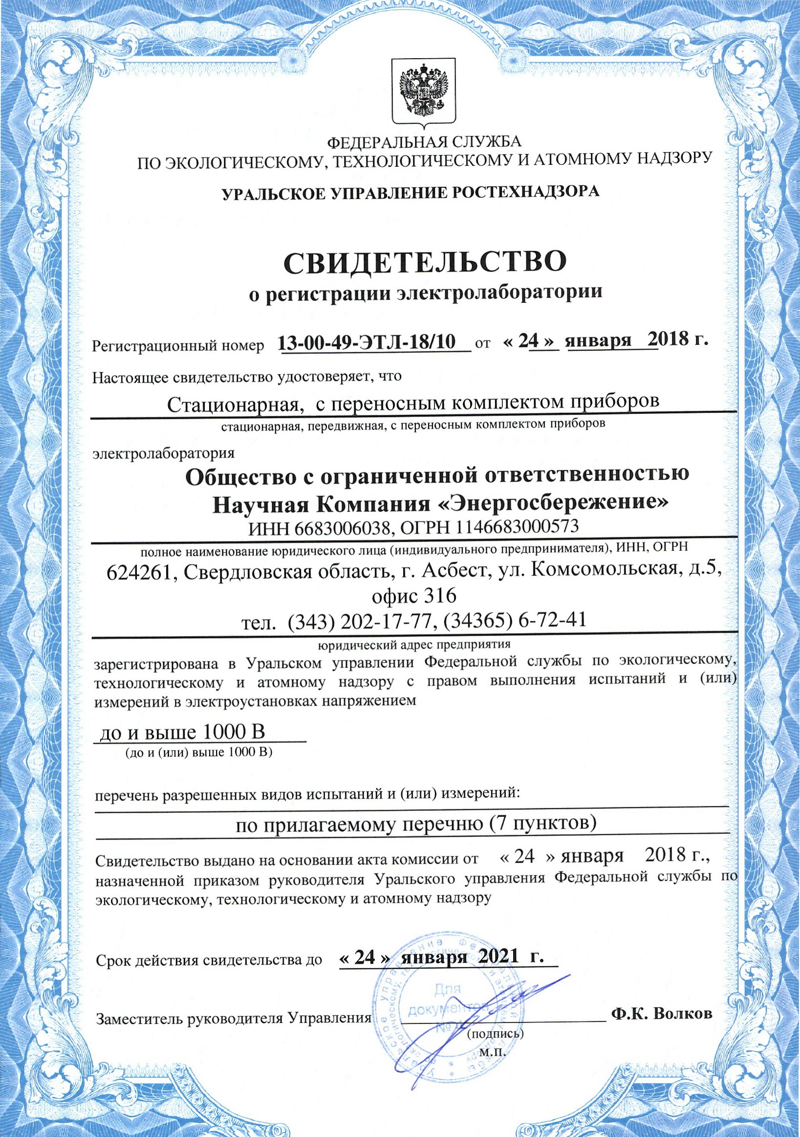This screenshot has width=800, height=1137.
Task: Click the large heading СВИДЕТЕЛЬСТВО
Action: (424, 262)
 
